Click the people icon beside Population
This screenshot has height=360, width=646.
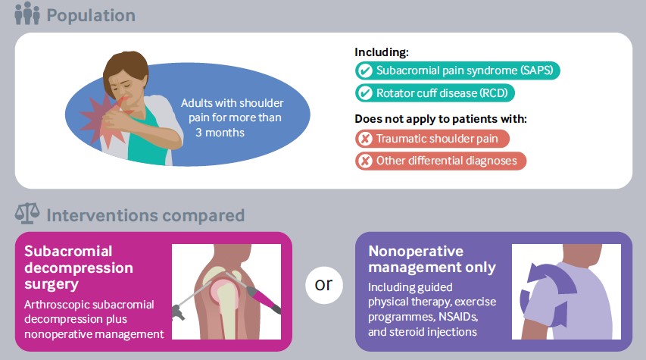point(27,13)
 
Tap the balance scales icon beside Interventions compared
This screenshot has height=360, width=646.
point(27,214)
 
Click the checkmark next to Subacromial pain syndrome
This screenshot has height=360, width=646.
point(364,70)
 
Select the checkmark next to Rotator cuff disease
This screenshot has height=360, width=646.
point(364,92)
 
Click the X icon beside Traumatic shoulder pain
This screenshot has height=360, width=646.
point(365,139)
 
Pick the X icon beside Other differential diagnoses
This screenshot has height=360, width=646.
point(365,161)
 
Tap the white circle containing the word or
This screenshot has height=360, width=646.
point(324,285)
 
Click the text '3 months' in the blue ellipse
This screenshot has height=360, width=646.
point(220,133)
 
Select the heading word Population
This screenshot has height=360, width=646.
point(91,16)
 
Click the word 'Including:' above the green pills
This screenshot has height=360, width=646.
point(382,52)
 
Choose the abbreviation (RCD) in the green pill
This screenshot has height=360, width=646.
point(494,93)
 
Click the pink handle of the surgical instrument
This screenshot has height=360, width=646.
point(264,299)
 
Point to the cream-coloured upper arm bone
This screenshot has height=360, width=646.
point(226,305)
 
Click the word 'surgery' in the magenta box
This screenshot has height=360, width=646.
point(51,285)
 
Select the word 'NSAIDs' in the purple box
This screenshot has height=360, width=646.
point(457,317)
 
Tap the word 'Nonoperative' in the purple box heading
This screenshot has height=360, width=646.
point(416,251)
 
